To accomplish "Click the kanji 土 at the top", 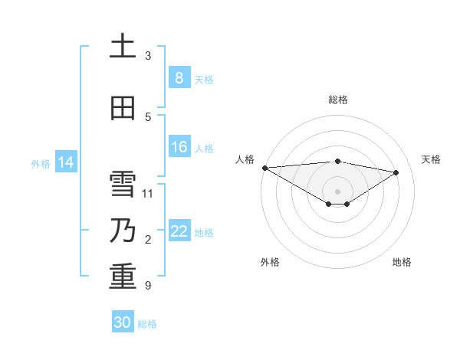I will click(x=123, y=47).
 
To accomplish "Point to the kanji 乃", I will click(x=123, y=231).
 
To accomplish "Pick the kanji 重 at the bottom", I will click(x=123, y=277).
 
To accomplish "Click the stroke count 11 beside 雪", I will click(x=148, y=193).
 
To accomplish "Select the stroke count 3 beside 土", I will click(x=148, y=55).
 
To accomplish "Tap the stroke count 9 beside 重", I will click(x=148, y=286).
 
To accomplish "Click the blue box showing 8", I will click(x=179, y=78).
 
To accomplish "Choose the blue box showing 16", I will click(x=179, y=147).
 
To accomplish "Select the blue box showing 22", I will click(x=179, y=231).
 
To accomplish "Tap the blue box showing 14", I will click(x=65, y=162).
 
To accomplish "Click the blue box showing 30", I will click(x=123, y=322).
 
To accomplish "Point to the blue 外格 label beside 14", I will click(x=41, y=163).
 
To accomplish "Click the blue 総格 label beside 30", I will click(x=147, y=324).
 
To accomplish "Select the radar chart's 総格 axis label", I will click(x=338, y=100).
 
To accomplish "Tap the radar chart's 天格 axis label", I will click(x=431, y=159).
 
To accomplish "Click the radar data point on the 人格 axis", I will click(x=264, y=168).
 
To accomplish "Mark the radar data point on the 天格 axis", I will click(x=396, y=172).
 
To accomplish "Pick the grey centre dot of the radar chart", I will click(x=337, y=190).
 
